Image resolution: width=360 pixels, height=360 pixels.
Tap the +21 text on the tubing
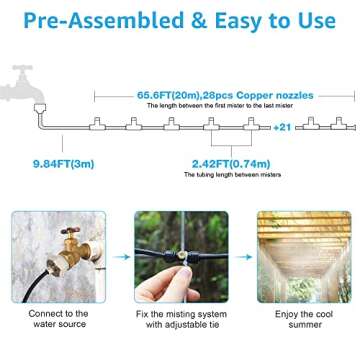pos(281,126)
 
